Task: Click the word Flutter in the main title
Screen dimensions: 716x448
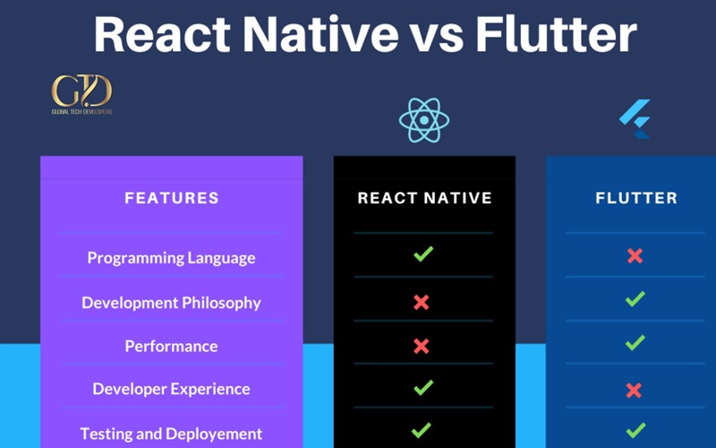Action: click(556, 35)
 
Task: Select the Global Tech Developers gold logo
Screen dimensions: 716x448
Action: click(81, 94)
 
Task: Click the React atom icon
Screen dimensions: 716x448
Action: click(424, 120)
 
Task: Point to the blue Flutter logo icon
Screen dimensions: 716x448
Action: click(635, 119)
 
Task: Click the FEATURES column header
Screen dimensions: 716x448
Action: click(172, 198)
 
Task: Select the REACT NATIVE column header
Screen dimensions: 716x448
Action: click(424, 198)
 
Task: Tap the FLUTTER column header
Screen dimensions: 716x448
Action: click(636, 198)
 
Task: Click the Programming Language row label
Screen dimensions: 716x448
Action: click(171, 258)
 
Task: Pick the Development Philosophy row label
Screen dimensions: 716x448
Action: click(171, 303)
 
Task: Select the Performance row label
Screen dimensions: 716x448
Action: click(171, 346)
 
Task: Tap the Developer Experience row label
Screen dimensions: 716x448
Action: click(171, 389)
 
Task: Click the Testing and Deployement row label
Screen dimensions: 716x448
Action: click(171, 434)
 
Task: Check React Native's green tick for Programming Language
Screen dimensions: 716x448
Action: click(423, 254)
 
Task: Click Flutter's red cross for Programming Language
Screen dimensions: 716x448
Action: click(635, 256)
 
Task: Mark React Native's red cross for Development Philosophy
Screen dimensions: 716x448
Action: click(421, 302)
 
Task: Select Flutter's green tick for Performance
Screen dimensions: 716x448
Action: click(635, 342)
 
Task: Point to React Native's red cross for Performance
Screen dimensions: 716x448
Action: click(421, 346)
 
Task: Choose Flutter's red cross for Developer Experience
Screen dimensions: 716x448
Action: click(634, 391)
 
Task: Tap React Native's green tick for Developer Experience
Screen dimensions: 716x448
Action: click(423, 387)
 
